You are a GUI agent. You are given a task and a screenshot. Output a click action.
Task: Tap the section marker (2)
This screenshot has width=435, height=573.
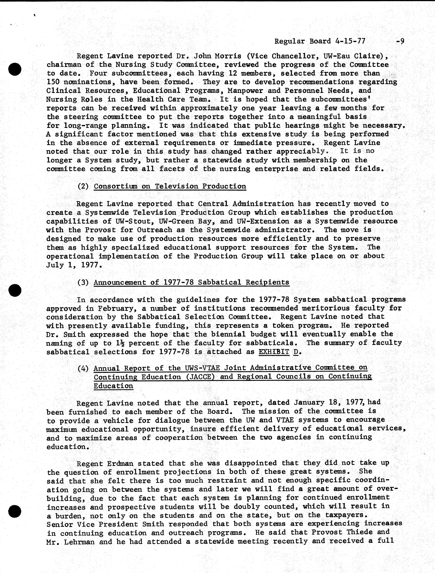(83, 186)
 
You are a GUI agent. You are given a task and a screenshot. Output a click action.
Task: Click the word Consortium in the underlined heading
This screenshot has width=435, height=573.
(115, 186)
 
